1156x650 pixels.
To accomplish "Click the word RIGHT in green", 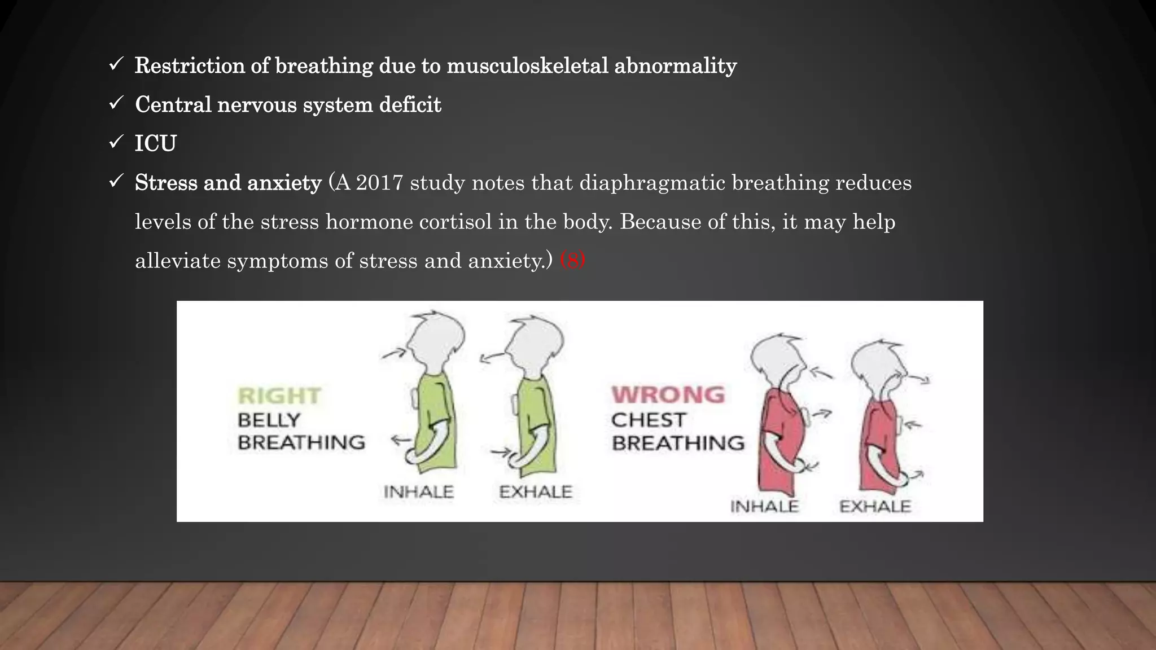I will point(279,396).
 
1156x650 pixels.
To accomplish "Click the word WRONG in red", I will point(668,395).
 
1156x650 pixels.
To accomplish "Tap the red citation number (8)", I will point(572,260).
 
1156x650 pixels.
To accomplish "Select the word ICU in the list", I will point(156,143).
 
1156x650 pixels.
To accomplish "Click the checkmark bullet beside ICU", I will point(116,142).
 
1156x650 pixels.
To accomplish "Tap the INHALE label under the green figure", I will point(418,492).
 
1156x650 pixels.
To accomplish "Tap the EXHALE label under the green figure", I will point(536,492).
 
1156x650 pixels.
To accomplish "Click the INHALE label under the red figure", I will point(764,507).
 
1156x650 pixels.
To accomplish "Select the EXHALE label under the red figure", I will point(875,507).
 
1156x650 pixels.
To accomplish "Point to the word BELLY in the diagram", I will point(269,420).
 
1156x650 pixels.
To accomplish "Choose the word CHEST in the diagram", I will point(649,420).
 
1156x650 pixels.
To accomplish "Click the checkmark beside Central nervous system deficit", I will point(116,103).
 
